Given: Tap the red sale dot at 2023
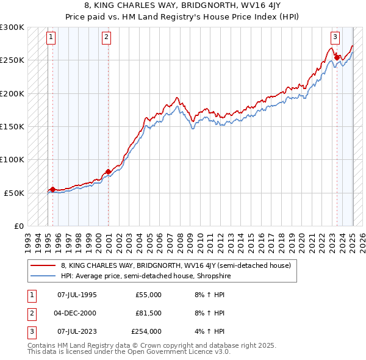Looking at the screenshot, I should (x=337, y=58).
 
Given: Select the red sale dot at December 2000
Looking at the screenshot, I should (x=108, y=172).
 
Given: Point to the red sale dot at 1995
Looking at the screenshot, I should (x=52, y=189).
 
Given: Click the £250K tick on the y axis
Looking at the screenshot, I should (x=12, y=60).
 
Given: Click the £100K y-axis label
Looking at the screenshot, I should (x=12, y=159).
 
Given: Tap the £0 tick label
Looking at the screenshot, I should (x=18, y=226).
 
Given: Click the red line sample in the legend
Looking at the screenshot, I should (x=43, y=265).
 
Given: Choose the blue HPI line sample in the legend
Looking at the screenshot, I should (x=43, y=276).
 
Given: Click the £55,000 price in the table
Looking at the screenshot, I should (x=148, y=295).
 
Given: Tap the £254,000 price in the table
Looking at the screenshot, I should (x=146, y=331).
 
